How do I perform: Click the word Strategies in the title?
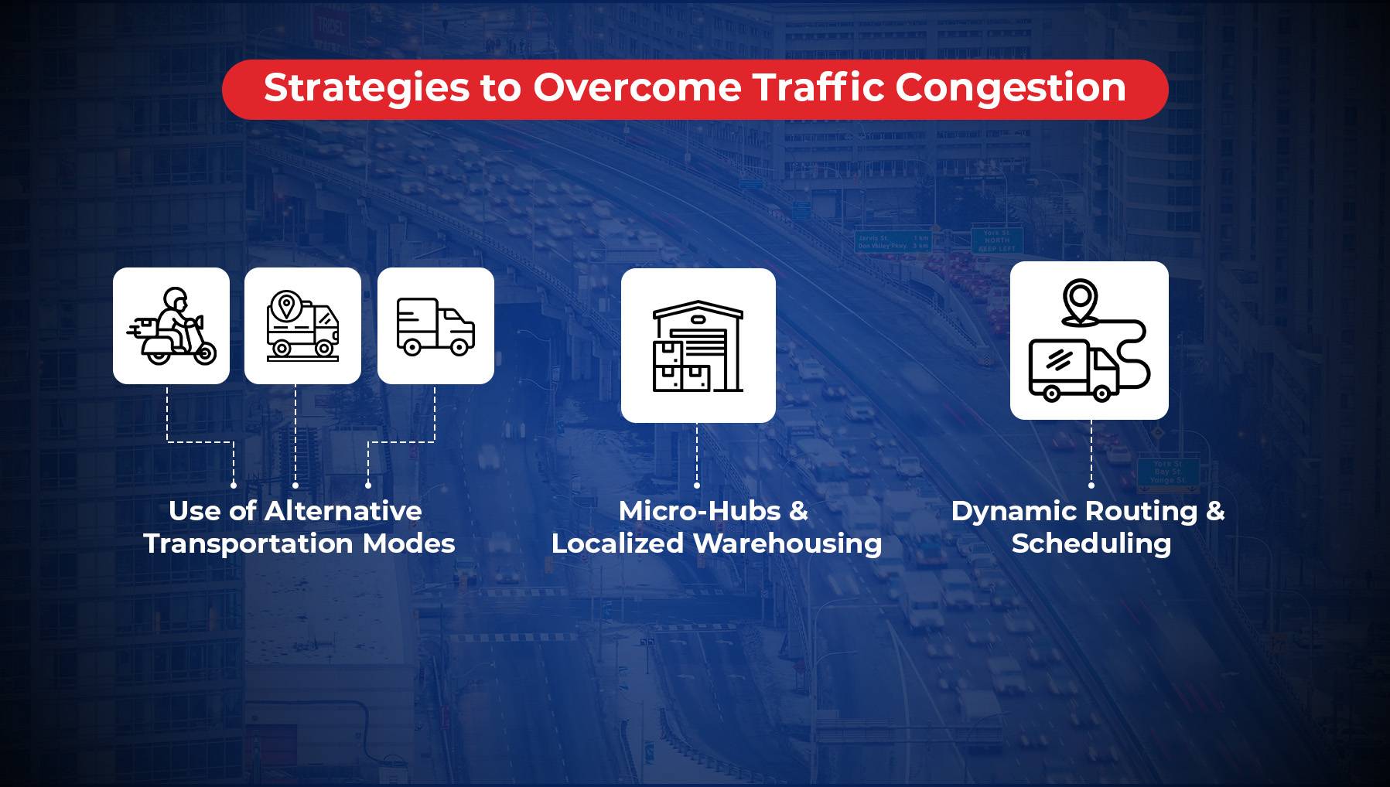366,88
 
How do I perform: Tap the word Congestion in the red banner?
1010,88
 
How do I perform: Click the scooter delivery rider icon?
171,325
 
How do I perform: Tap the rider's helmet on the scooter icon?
176,298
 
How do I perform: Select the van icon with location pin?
302,325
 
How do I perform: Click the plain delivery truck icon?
435,325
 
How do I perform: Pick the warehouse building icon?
698,345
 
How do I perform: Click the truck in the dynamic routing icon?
1072,370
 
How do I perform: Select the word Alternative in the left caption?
343,511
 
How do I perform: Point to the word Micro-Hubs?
699,511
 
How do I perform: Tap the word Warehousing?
787,543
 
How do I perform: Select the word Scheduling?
1091,543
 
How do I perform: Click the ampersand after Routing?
1215,511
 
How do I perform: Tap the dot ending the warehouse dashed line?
697,485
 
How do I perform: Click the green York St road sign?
997,240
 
